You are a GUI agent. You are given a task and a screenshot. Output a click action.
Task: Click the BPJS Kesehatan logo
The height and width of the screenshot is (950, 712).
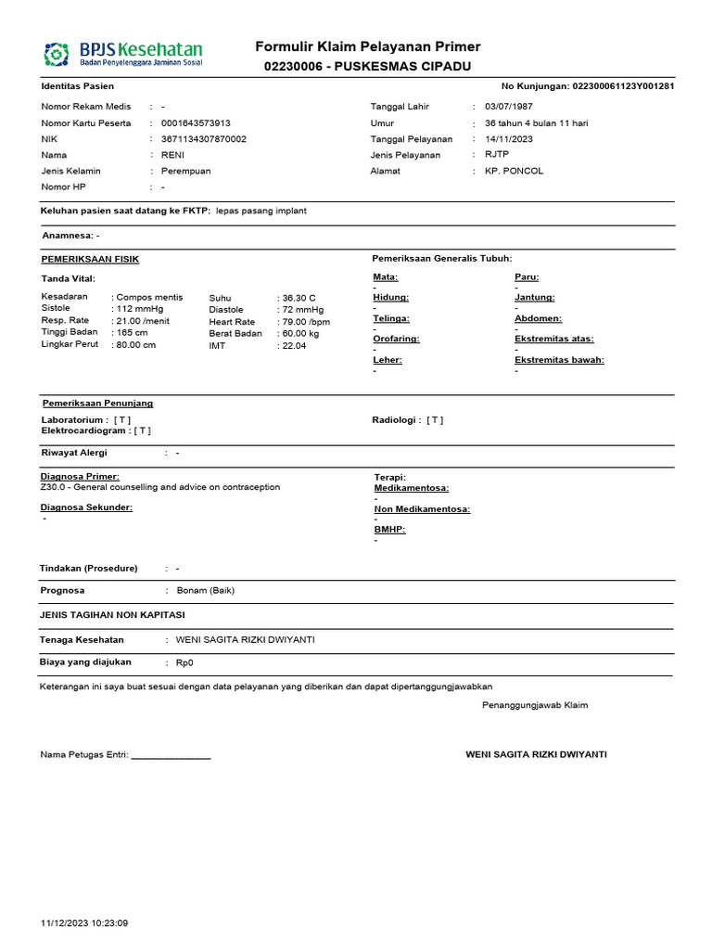123,54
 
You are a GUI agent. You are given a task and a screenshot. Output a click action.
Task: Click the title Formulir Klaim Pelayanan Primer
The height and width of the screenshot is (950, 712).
368,47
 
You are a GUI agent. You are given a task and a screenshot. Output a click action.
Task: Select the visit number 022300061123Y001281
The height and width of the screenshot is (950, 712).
623,86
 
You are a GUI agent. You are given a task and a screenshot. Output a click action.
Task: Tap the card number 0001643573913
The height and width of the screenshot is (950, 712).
197,123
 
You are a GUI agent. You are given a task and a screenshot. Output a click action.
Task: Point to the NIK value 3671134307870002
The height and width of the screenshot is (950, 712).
204,139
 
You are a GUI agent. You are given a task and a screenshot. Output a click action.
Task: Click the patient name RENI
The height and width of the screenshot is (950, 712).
173,155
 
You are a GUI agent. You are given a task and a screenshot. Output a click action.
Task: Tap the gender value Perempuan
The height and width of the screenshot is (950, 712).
186,171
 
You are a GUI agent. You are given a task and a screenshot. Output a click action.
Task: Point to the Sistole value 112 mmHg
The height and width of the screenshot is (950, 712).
138,309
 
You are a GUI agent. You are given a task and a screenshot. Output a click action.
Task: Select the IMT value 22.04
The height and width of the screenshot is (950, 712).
294,345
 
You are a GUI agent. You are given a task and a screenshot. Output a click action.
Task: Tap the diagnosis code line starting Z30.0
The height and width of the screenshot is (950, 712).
160,487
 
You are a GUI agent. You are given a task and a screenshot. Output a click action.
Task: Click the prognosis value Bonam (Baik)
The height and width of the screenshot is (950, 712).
205,590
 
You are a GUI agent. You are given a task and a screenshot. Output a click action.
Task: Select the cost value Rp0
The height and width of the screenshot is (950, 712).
185,663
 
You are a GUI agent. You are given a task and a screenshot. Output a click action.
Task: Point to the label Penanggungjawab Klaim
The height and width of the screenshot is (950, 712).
535,705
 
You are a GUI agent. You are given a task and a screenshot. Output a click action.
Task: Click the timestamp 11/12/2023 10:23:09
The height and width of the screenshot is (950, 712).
85,923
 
